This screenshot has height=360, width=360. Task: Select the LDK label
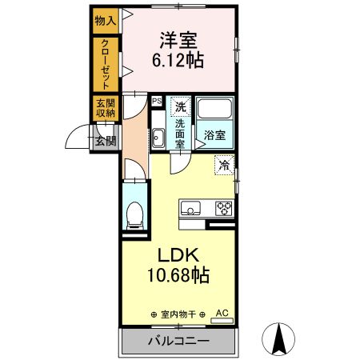[x=178, y=256]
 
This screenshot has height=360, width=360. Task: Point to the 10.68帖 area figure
[x=178, y=276]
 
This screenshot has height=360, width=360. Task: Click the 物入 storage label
[x=105, y=18]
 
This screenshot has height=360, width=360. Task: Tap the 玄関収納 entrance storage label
[x=105, y=108]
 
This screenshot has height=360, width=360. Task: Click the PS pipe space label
[x=157, y=101]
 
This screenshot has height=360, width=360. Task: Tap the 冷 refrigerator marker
[x=225, y=166]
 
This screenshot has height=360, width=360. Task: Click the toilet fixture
[x=135, y=214]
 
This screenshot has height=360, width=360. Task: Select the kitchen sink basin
[x=192, y=210]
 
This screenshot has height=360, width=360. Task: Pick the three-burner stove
[x=222, y=210]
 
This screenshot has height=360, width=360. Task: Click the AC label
[x=222, y=314]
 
